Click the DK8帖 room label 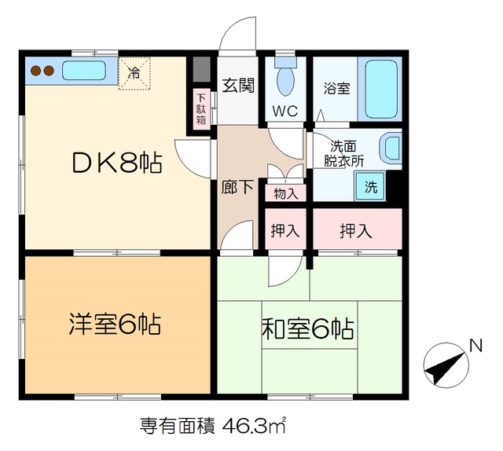[x=117, y=163]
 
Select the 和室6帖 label [x=306, y=328]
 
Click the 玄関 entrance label [x=238, y=86]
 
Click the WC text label [x=285, y=111]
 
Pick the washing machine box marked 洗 [x=369, y=187]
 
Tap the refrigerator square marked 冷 [x=135, y=73]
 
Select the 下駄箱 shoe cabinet [x=201, y=110]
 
